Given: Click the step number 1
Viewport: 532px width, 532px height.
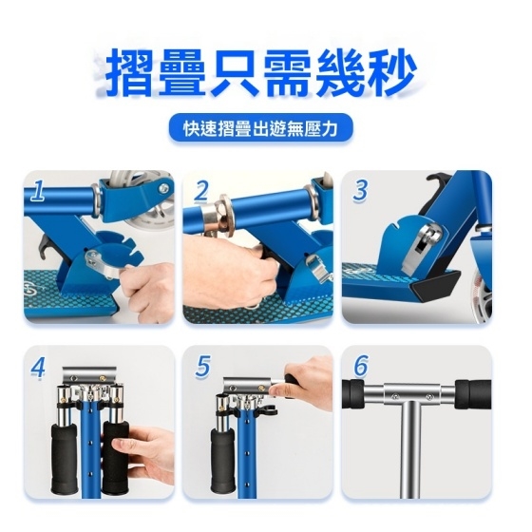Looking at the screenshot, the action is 37,191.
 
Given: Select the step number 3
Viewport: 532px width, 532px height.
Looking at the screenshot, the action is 360,191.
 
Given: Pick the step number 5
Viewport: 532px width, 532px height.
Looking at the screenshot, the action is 202,367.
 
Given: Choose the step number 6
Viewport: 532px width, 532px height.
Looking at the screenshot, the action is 361,366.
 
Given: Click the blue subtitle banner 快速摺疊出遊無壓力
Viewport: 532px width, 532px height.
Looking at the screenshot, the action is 260,128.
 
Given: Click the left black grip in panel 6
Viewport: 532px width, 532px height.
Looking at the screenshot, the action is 352,393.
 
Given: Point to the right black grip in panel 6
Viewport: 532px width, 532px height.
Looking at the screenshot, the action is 473,394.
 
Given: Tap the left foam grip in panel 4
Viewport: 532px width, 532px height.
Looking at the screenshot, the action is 64,457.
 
